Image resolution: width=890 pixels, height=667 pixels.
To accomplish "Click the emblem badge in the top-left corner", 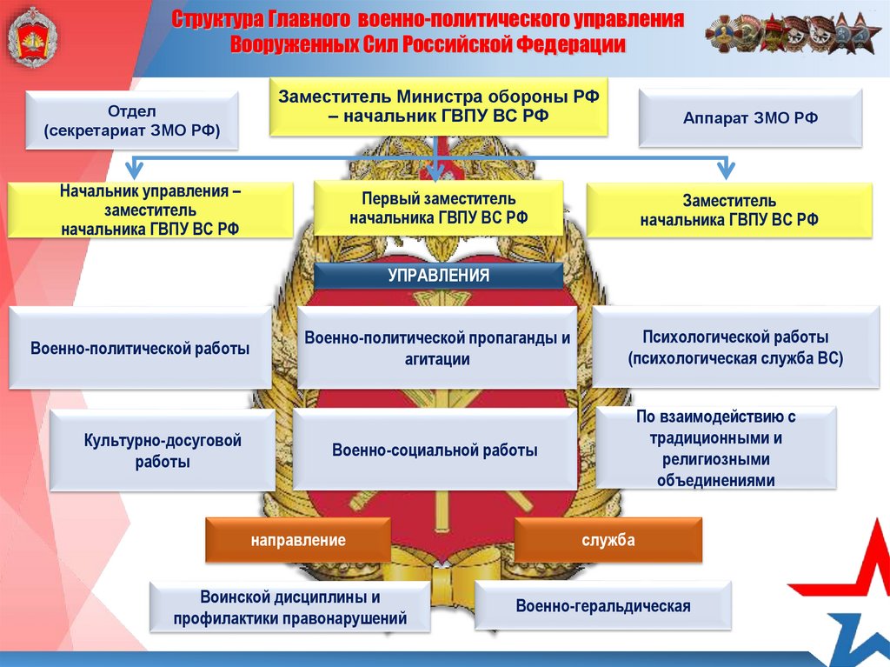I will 32,37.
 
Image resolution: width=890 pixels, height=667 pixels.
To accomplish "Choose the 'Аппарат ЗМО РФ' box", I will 750,118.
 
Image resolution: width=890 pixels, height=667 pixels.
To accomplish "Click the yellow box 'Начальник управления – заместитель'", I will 150,210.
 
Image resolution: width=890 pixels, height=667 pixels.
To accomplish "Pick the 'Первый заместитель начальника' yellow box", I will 438,209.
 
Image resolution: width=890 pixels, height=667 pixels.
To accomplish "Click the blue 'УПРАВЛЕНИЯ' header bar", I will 438,276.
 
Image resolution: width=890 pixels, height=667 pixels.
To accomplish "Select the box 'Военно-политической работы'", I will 140,348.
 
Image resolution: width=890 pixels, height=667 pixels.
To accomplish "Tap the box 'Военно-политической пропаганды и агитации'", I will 437,348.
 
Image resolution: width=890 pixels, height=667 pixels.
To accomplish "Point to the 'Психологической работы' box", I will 735,347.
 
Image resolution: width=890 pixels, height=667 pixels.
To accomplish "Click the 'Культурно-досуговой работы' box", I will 163,451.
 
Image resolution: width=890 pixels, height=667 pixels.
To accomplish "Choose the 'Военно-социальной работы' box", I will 435,450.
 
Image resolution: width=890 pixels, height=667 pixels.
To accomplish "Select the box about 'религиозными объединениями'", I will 716,448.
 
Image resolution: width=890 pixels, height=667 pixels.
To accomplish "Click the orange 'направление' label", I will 298,540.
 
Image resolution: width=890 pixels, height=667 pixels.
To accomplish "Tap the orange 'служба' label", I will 608,540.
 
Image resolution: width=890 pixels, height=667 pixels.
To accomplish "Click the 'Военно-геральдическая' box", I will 602,606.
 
